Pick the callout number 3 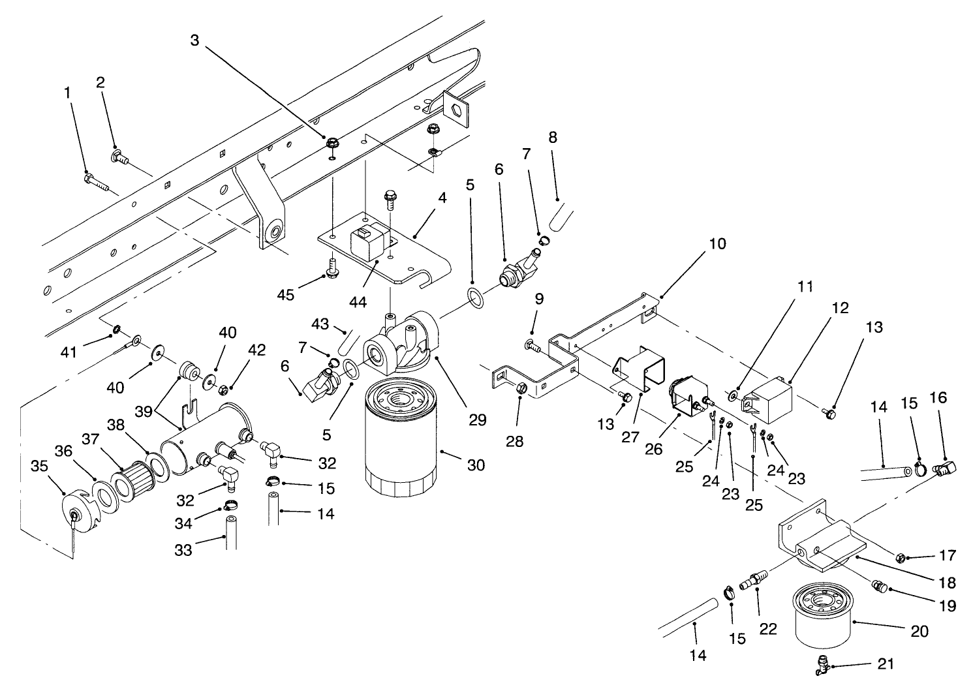(x=194, y=40)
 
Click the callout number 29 (x=478, y=420)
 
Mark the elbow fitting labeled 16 (x=944, y=467)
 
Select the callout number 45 (x=285, y=295)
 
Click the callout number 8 (x=553, y=138)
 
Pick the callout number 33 (x=183, y=550)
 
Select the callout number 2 (x=100, y=82)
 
